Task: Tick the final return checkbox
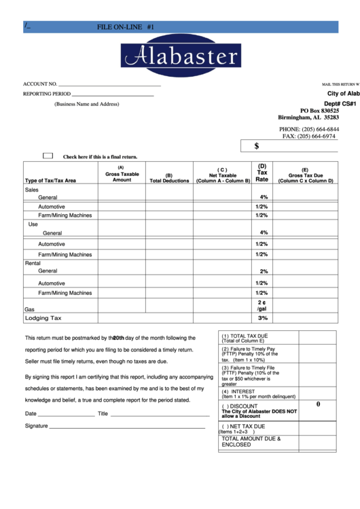coord(48,156)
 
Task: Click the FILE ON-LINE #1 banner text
coord(126,27)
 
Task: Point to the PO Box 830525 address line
coord(319,110)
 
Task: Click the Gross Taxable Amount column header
coord(122,174)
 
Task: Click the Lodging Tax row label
coord(43,318)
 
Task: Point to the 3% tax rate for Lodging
coord(263,318)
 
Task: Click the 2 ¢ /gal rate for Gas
coord(262,305)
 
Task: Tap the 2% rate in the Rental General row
coord(263,271)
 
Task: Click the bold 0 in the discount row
coord(317,404)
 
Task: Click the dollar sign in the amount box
coord(257,145)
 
